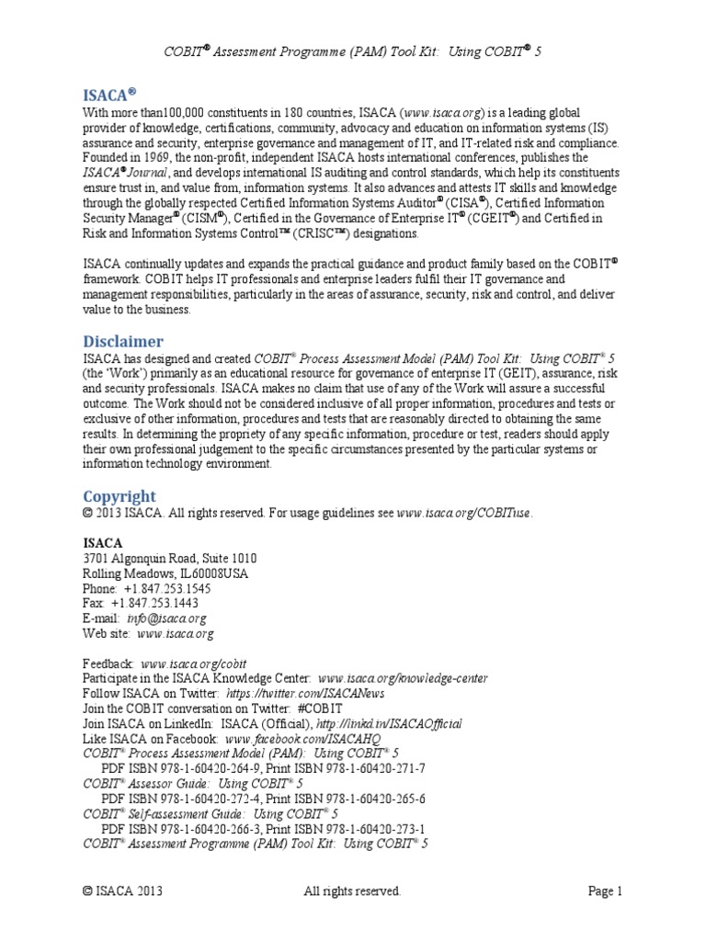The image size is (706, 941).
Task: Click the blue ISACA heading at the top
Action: point(108,93)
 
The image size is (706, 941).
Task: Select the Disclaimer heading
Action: point(122,341)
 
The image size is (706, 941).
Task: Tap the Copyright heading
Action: point(120,496)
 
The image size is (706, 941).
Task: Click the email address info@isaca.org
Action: point(173,618)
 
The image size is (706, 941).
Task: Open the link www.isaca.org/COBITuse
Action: point(464,513)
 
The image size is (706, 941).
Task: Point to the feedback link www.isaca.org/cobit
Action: point(194,663)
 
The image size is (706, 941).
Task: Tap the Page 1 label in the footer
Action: point(606,890)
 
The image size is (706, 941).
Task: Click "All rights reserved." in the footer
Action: point(352,890)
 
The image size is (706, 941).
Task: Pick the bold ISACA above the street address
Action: point(103,542)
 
